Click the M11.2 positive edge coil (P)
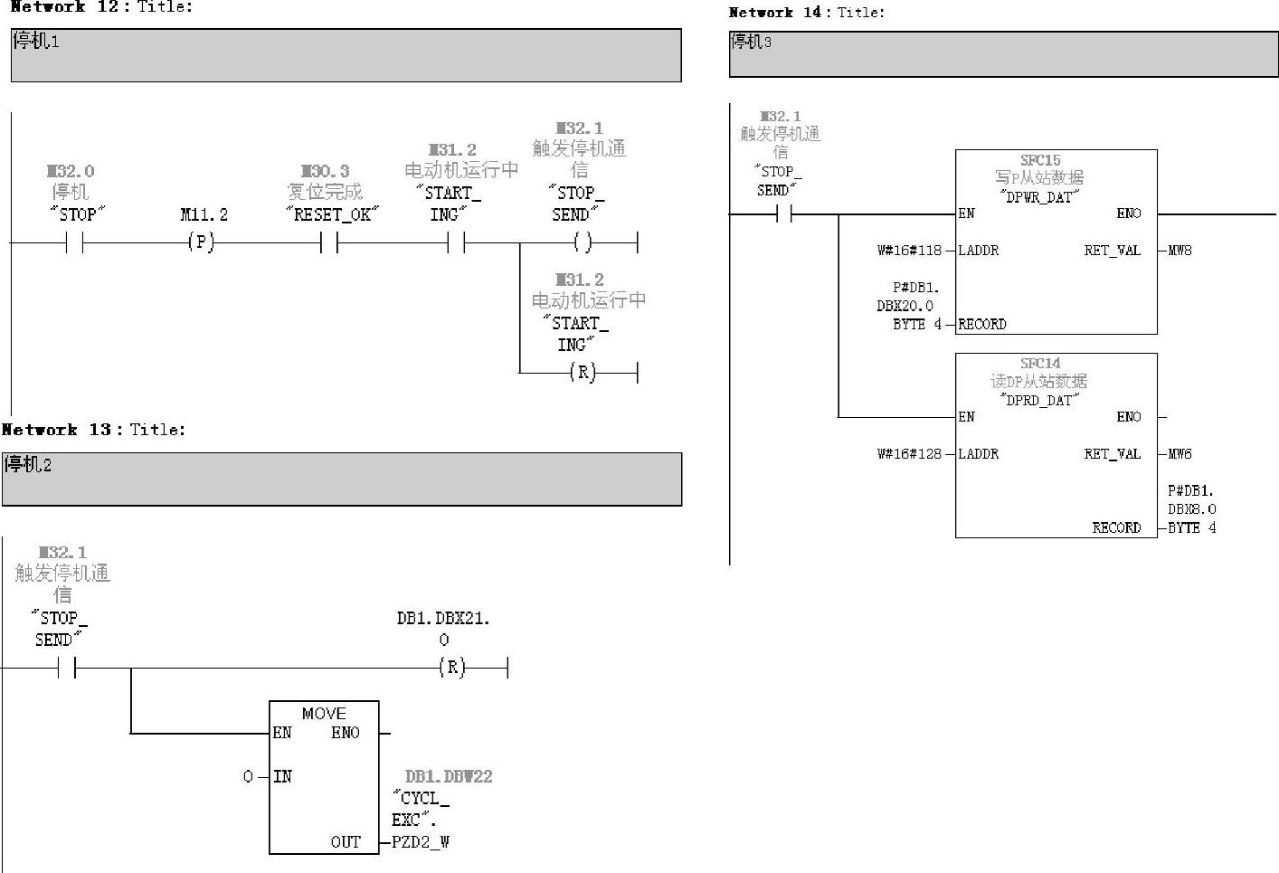pyautogui.click(x=201, y=242)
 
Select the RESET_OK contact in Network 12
pyautogui.click(x=329, y=242)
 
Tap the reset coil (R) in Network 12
pyautogui.click(x=583, y=372)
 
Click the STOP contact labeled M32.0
pyautogui.click(x=74, y=242)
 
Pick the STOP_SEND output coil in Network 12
pyautogui.click(x=583, y=242)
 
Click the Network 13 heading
pyautogui.click(x=93, y=430)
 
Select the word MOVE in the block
pyautogui.click(x=324, y=714)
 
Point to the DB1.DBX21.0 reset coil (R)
pyautogui.click(x=451, y=668)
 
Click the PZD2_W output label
pyautogui.click(x=421, y=842)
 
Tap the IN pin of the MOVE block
pyautogui.click(x=282, y=776)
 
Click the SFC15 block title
pyautogui.click(x=1040, y=161)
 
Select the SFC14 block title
pyautogui.click(x=1040, y=364)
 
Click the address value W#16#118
pyautogui.click(x=909, y=251)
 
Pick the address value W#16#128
pyautogui.click(x=909, y=454)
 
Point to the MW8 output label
pyautogui.click(x=1180, y=251)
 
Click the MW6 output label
pyautogui.click(x=1180, y=454)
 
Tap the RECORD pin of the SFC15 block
pyautogui.click(x=982, y=324)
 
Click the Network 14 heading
pyautogui.click(x=806, y=13)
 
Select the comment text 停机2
pyautogui.click(x=28, y=465)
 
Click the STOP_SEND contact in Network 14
pyautogui.click(x=783, y=214)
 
